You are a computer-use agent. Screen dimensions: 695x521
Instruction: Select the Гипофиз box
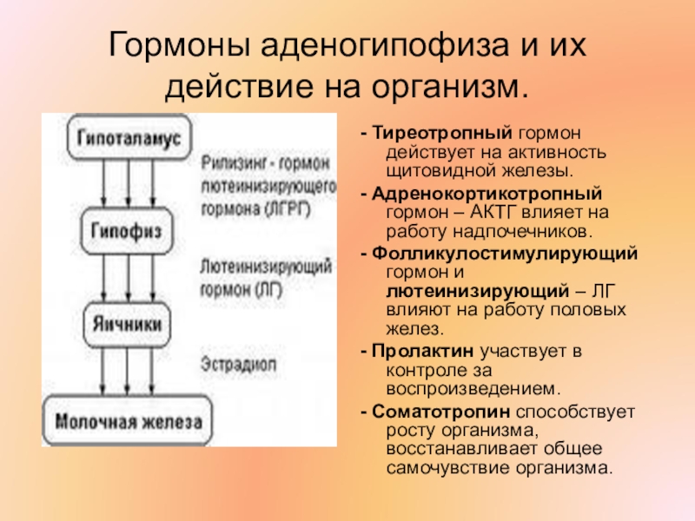coord(129,229)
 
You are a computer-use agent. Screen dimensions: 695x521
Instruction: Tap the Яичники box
coord(128,323)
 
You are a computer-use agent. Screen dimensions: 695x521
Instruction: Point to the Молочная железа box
coord(128,422)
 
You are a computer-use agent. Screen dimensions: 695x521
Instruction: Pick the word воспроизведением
coord(467,391)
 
